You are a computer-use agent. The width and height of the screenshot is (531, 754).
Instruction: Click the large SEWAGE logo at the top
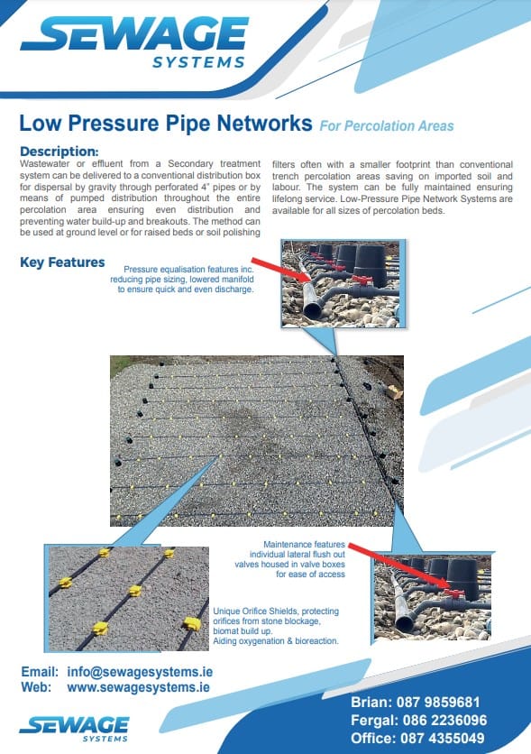coord(134,41)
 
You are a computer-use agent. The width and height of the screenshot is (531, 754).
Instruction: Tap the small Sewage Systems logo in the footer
coord(75,730)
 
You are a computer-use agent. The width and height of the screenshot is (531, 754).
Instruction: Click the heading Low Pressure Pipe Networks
coord(166,123)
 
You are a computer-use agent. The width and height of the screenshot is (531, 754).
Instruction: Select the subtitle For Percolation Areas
coord(387,126)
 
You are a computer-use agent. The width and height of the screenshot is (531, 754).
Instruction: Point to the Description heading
coord(60,152)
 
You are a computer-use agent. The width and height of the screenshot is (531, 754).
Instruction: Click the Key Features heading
coord(62,262)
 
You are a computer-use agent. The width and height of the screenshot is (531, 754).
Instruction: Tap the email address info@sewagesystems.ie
coord(140,672)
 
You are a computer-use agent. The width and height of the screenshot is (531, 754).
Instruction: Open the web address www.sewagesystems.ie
coord(139,687)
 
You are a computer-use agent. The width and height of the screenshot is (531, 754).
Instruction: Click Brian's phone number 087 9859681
coord(438,702)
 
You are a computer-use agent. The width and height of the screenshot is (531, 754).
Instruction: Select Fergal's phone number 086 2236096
coord(444,720)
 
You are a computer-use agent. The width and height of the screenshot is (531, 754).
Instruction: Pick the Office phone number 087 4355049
coord(442,738)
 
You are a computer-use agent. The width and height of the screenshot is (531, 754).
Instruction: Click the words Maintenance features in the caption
coord(304,545)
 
